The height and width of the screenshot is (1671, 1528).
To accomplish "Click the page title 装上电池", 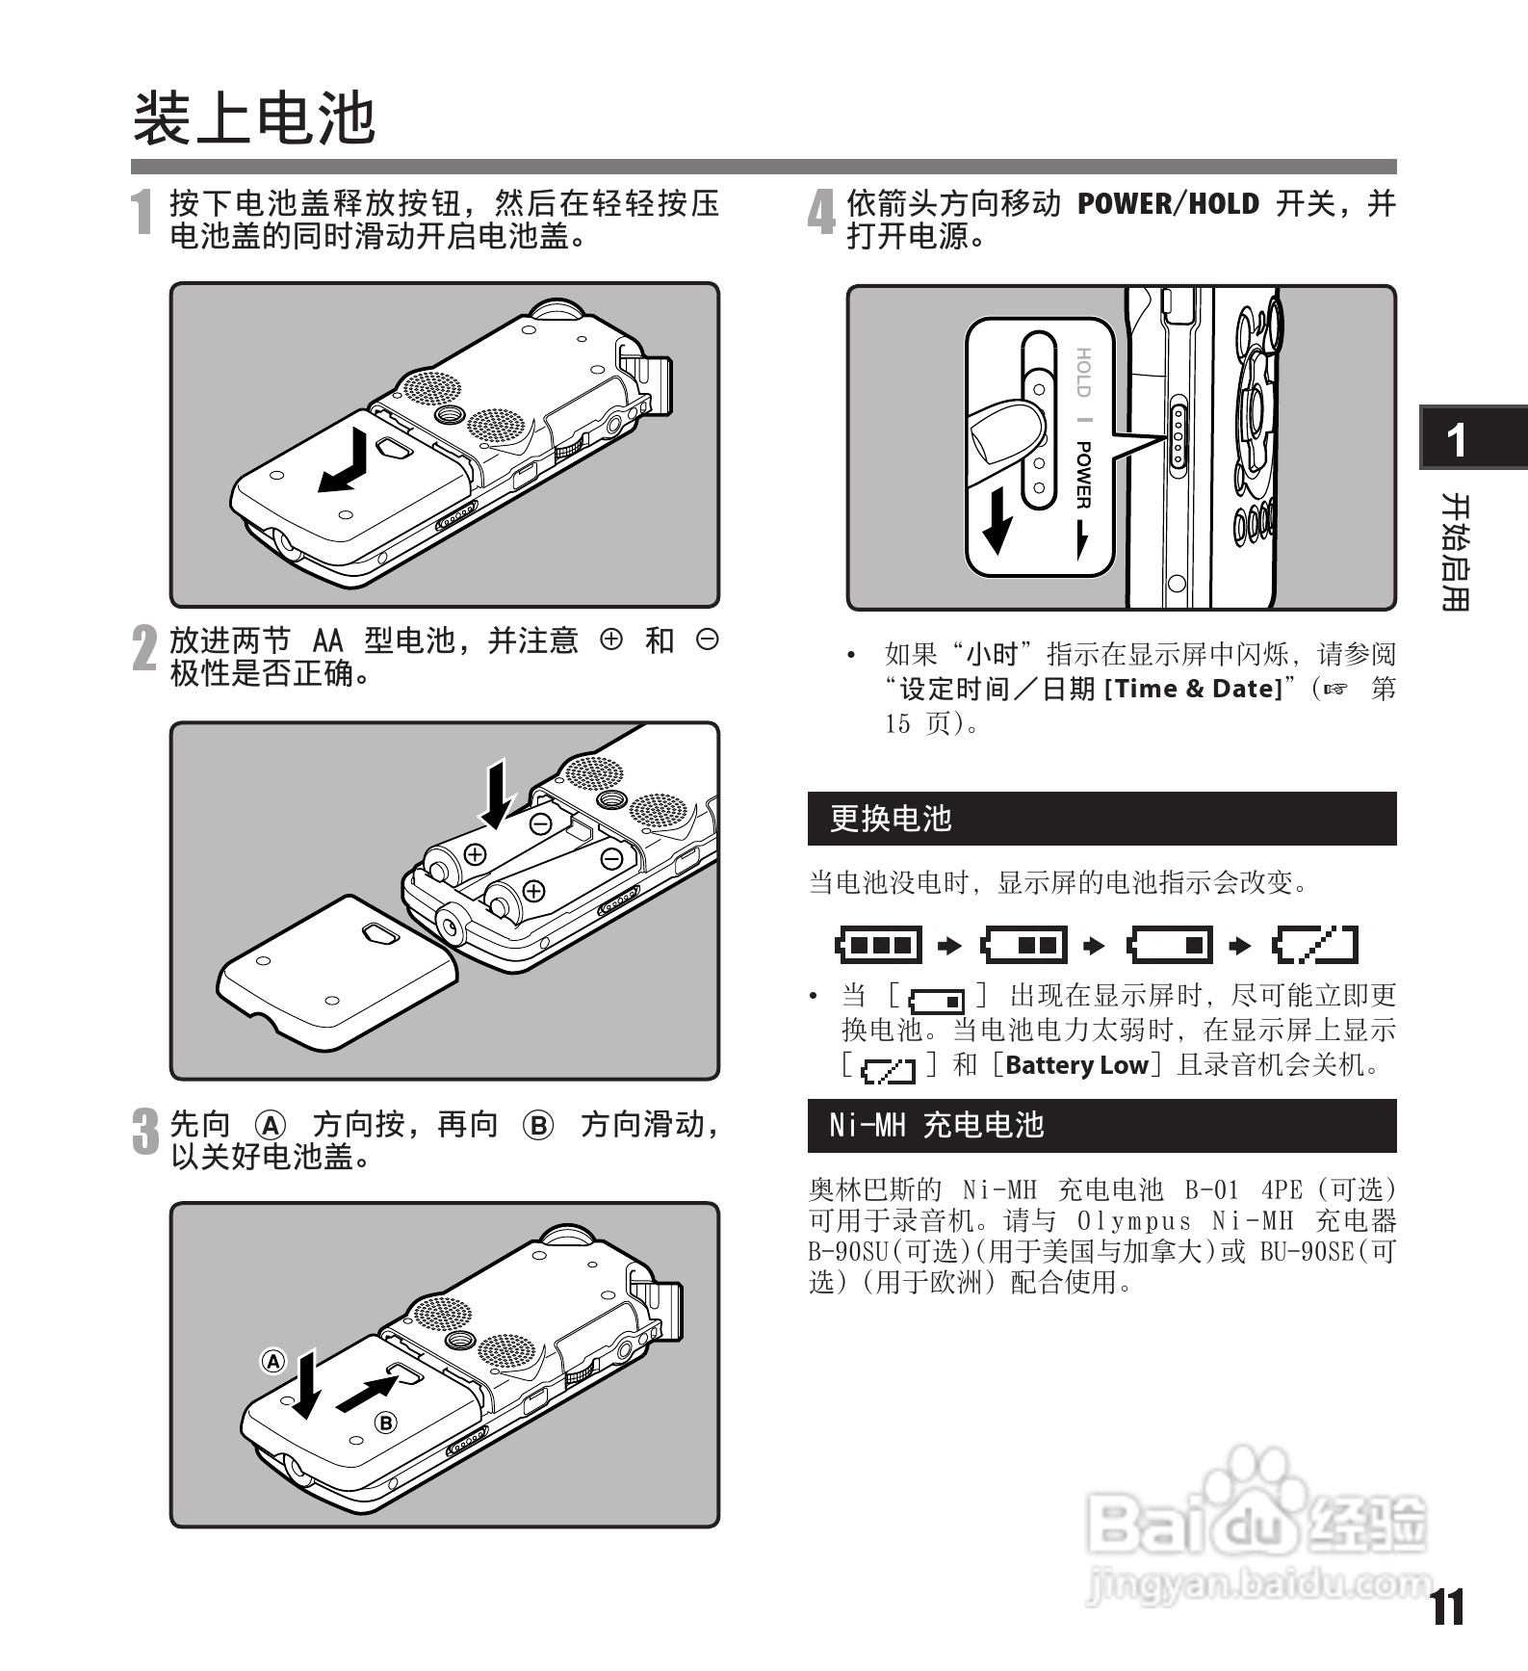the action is click(x=254, y=118).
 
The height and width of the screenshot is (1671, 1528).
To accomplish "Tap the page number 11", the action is click(x=1446, y=1606).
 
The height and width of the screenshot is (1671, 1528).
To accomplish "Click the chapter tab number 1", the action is click(x=1457, y=440).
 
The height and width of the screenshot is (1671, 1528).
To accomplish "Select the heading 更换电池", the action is click(x=891, y=819).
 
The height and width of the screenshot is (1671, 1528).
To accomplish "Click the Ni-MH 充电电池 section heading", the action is click(x=937, y=1125).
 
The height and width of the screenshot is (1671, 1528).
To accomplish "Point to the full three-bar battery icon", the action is click(x=878, y=945).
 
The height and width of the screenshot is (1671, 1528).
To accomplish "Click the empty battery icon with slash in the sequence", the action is click(x=1315, y=945).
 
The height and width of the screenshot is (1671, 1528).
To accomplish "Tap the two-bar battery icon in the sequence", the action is click(x=1023, y=945).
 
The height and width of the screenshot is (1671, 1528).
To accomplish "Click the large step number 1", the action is click(x=143, y=212).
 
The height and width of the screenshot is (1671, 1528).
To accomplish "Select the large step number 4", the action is click(x=821, y=212).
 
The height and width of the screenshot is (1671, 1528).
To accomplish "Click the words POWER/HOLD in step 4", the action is click(x=1168, y=204).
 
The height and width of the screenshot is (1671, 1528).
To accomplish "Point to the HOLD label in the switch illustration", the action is click(x=1083, y=373).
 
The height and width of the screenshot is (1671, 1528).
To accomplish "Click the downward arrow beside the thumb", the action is click(x=998, y=519).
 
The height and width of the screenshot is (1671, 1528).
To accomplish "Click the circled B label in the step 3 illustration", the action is click(x=385, y=1423).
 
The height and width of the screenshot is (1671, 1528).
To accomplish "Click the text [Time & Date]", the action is click(x=1193, y=689).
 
